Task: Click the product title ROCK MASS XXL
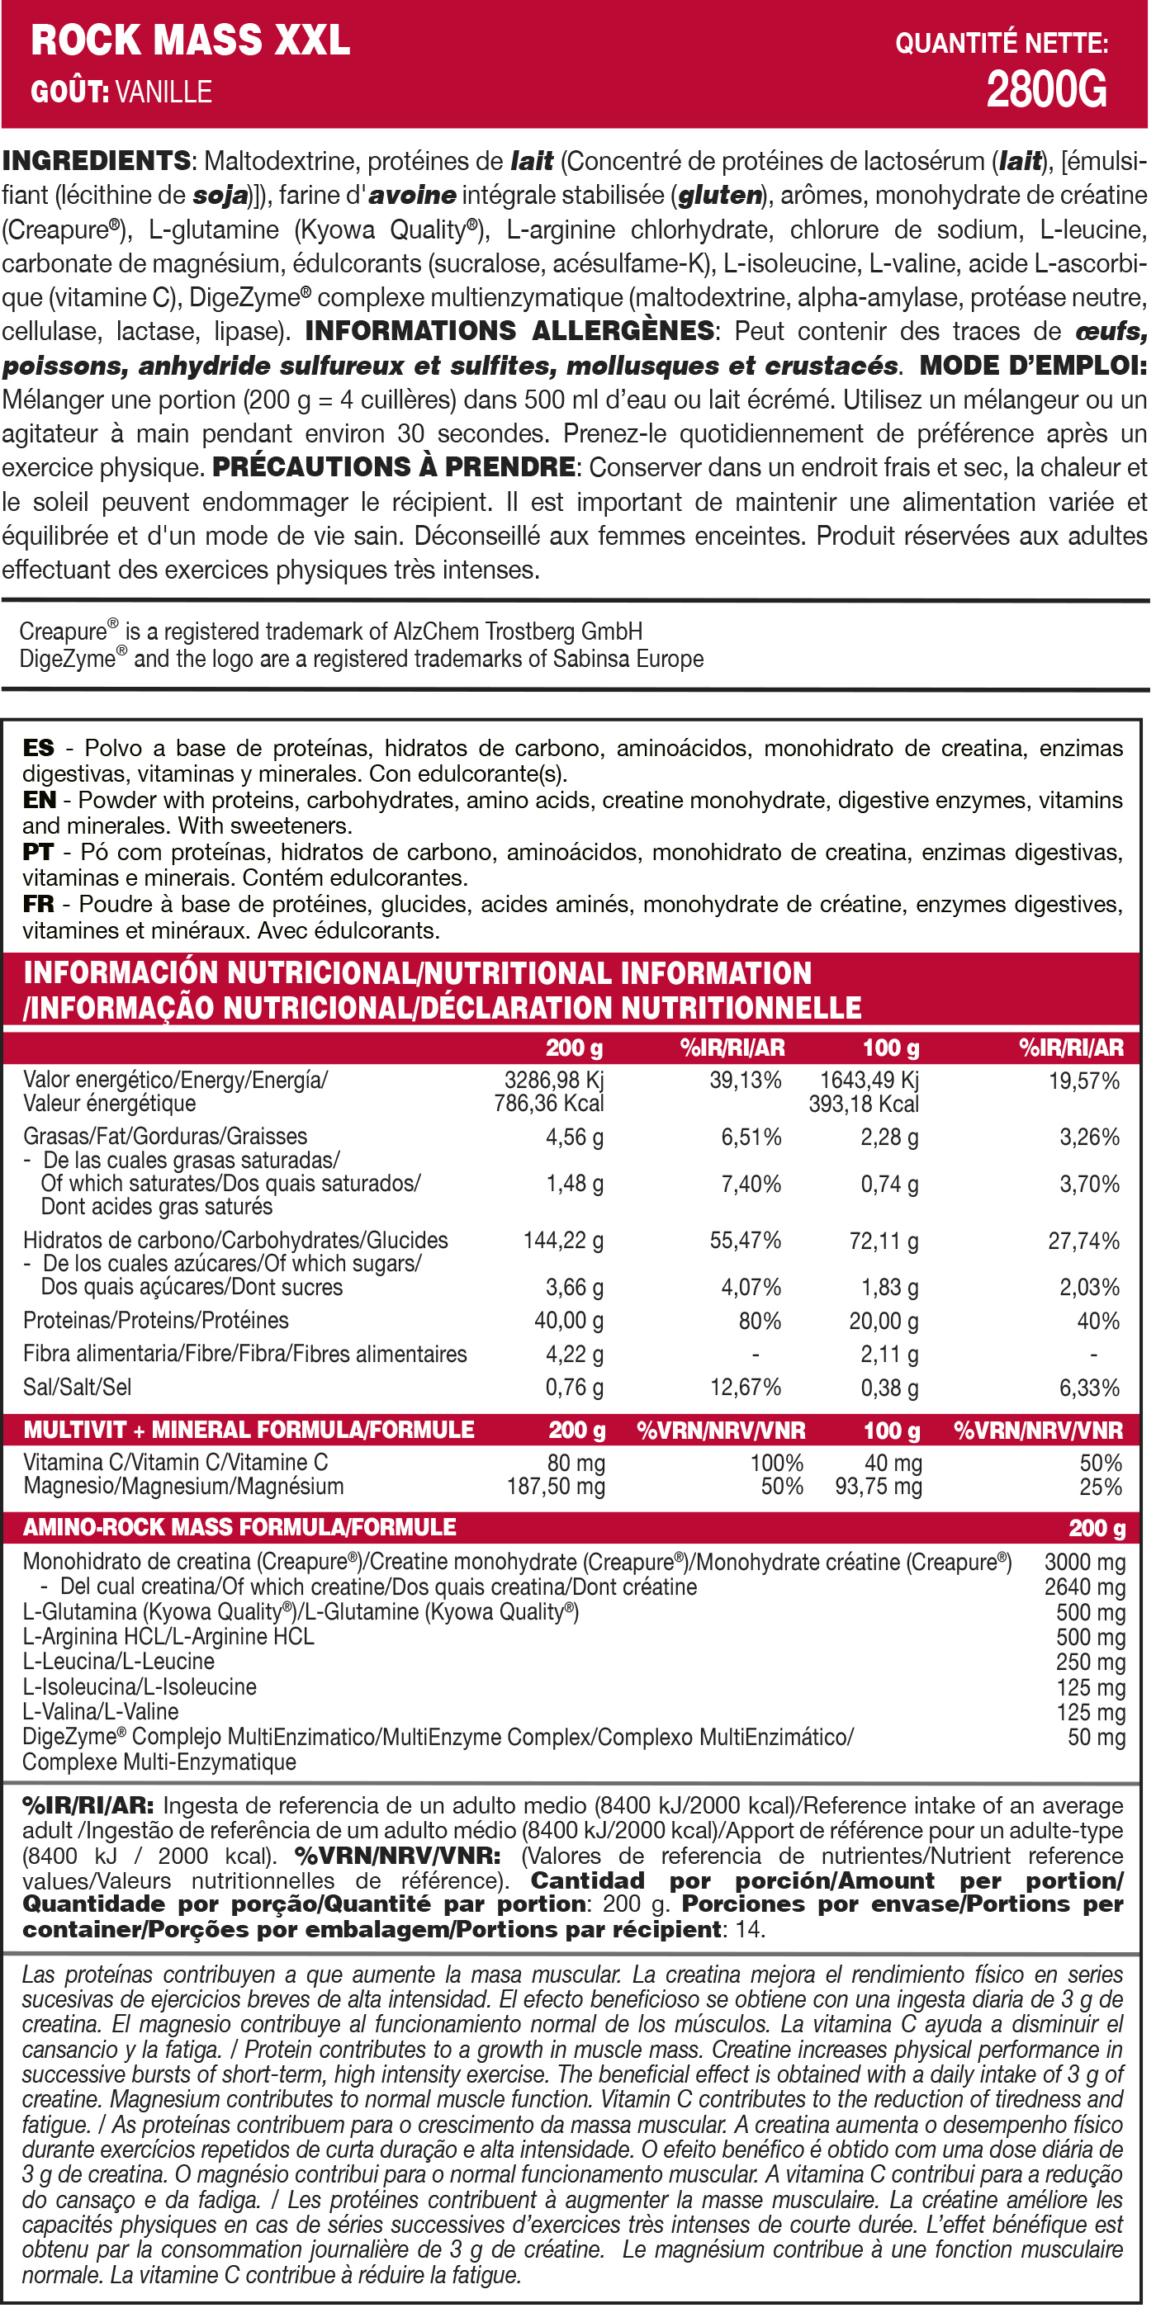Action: [x=190, y=40]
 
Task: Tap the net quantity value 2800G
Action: [x=1046, y=90]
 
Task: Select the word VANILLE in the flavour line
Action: [x=164, y=92]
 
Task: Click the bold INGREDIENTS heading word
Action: [x=96, y=160]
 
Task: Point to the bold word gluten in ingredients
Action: [x=718, y=196]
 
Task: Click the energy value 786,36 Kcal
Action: [x=548, y=1103]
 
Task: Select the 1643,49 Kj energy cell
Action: [x=869, y=1080]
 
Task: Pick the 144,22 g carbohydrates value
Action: [x=563, y=1240]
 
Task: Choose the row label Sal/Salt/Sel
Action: [x=77, y=1387]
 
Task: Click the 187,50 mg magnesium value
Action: [x=556, y=1487]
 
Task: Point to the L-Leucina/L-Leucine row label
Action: [x=118, y=1661]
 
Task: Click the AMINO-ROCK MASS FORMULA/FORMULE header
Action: [x=239, y=1527]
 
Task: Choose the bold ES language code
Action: [x=39, y=748]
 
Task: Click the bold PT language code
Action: [x=39, y=851]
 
